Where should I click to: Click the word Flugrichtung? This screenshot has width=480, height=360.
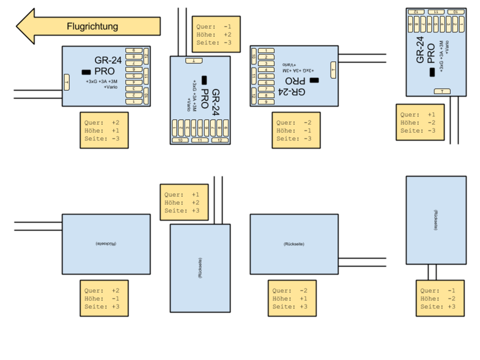92,26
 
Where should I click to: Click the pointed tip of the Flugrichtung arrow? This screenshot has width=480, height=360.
19,26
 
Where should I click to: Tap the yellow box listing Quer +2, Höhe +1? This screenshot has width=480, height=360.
103,130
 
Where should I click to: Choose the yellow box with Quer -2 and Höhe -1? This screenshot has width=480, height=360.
295,130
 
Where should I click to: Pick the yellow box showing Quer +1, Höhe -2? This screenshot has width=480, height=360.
420,122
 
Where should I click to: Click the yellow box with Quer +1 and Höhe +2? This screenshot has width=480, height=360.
184,202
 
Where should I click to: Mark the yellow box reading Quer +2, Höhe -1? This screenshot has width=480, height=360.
103,298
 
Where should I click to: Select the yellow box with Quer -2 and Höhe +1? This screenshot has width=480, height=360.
292,298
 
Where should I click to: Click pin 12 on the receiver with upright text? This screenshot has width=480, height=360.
146,56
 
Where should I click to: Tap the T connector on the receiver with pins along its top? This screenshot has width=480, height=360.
442,91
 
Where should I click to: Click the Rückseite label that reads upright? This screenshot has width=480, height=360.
293,244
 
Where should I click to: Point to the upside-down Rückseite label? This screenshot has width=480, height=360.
106,244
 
